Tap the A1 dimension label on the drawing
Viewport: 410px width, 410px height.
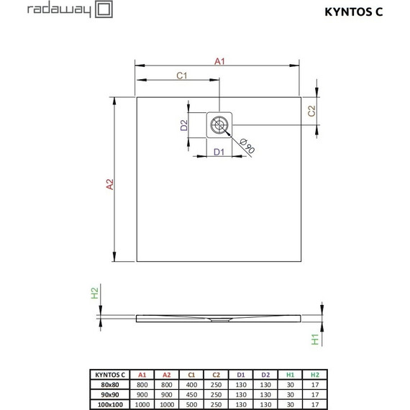click(220, 61)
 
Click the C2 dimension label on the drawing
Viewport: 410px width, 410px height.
click(311, 111)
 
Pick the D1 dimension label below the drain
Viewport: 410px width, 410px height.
click(219, 152)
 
